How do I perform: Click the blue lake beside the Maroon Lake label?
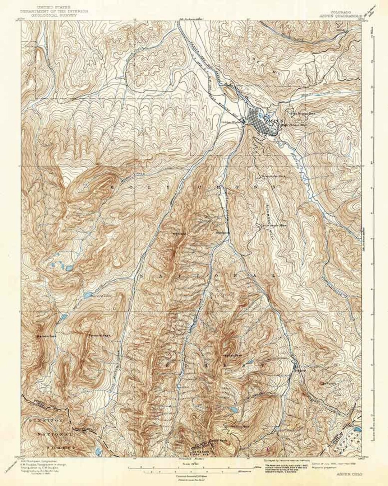click(x=87, y=296)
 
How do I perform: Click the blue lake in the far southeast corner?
click(x=357, y=430)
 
